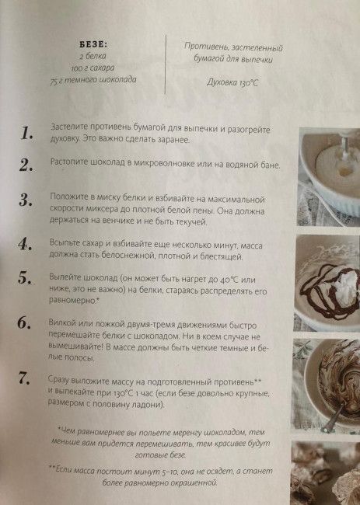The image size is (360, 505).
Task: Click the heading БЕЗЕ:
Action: pos(93,45)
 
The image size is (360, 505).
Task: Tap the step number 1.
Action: pos(26,133)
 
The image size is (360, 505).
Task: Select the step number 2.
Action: pos(26,165)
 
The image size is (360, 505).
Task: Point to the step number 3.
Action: pos(26,200)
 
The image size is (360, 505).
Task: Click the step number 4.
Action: pos(25,244)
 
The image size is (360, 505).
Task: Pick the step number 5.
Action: pos(25,277)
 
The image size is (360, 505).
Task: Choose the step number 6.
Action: pos(24,322)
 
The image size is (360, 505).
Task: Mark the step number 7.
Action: pos(24,378)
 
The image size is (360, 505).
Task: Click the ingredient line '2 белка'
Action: pos(93,56)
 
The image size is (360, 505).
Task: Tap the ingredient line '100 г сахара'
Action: pos(93,68)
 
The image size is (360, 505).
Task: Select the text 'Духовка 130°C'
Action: pos(232,83)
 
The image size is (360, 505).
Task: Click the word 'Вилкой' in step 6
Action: pos(60,323)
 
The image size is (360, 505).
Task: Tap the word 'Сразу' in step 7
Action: pos(58,380)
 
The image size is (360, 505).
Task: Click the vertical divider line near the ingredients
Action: pos(166,64)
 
